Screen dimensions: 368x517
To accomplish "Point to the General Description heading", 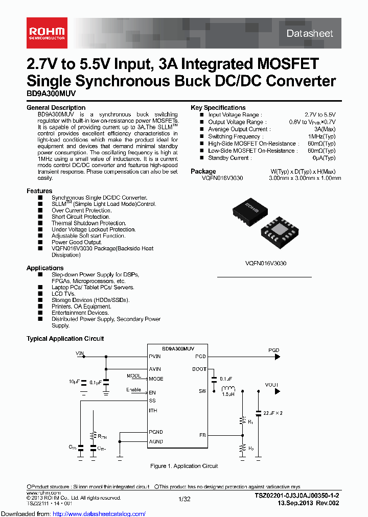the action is (x=56, y=108).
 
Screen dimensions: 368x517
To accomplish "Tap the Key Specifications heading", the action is (x=218, y=108).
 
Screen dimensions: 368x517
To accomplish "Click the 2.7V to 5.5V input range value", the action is (x=320, y=115).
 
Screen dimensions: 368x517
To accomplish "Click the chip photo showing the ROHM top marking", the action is (x=249, y=209).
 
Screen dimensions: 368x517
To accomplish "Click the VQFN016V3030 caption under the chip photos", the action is (x=266, y=263).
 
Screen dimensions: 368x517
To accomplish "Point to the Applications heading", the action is (x=45, y=268).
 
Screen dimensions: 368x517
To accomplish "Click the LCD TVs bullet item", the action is (x=63, y=294).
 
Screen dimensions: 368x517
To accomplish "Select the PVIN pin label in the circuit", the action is (x=154, y=356).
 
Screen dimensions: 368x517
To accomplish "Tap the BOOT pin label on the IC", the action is (x=199, y=369).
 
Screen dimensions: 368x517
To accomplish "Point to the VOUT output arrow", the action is (x=278, y=391).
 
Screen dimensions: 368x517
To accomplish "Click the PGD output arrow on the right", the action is (x=276, y=356).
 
